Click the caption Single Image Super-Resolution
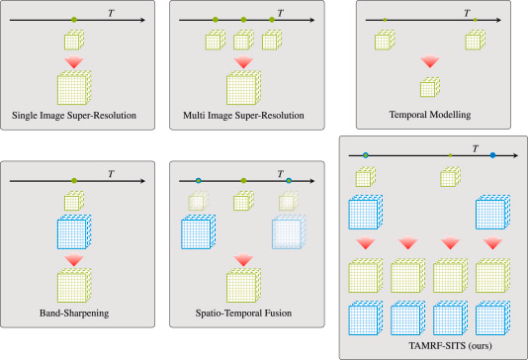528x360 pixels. (74, 116)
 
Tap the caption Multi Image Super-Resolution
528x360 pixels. (243, 116)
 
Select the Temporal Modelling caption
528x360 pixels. (430, 115)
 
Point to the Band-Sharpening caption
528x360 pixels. (74, 314)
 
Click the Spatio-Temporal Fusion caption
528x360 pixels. (243, 314)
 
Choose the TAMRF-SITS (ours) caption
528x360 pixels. (450, 345)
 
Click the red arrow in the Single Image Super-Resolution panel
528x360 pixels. (74, 62)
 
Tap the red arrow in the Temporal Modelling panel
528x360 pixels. (430, 62)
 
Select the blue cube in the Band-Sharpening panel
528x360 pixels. (74, 232)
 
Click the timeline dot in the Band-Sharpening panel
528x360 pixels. (74, 181)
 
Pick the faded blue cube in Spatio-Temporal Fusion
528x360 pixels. (289, 232)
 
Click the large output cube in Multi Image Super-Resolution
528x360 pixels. (243, 88)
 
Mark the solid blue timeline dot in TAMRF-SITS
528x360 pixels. (492, 155)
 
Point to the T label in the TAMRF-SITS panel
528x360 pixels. (476, 148)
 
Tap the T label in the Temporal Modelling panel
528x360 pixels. (467, 13)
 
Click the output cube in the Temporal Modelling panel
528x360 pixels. (430, 87)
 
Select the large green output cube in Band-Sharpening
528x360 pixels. (74, 286)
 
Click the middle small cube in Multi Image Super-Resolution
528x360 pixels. (243, 41)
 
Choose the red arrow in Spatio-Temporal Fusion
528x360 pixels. (243, 260)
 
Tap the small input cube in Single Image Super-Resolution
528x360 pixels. (74, 41)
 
